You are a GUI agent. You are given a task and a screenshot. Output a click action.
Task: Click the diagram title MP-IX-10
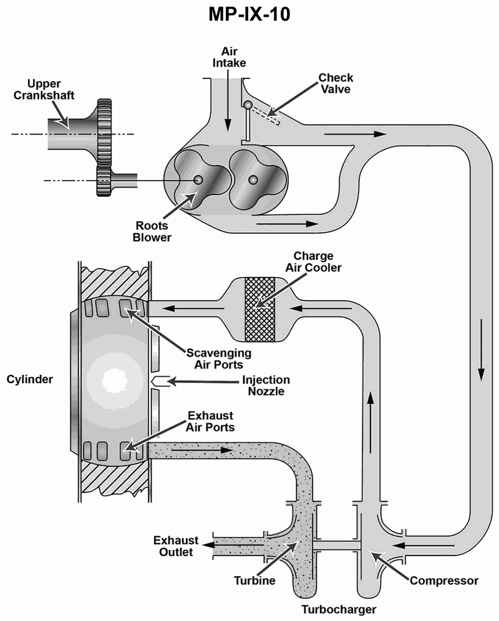(249, 14)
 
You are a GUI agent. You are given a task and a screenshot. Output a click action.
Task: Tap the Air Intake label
(229, 57)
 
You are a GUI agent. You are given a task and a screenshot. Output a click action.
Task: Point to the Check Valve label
(336, 83)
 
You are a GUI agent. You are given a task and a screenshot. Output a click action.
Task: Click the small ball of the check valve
(248, 105)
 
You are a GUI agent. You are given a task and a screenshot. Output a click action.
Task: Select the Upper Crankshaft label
(44, 90)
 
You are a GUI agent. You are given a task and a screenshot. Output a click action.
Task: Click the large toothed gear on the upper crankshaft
(104, 132)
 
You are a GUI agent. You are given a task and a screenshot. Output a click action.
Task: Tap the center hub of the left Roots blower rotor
(198, 180)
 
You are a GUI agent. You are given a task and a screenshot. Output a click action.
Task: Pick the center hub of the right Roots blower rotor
(253, 180)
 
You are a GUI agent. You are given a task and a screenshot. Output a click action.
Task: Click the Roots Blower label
(152, 231)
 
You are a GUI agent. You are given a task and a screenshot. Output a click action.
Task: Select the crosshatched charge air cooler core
(260, 310)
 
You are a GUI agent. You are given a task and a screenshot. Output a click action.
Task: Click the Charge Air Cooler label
(313, 262)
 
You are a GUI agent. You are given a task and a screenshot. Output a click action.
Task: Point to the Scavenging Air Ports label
(218, 358)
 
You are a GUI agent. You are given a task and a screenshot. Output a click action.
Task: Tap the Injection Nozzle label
(266, 386)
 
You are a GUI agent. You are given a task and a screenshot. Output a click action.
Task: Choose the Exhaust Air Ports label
(210, 422)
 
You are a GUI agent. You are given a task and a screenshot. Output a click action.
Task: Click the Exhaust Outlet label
(176, 546)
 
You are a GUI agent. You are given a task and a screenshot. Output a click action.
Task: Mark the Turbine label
(254, 581)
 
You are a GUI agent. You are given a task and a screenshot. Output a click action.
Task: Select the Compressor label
(444, 581)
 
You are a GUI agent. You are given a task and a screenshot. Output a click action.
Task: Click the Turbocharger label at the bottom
(339, 609)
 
